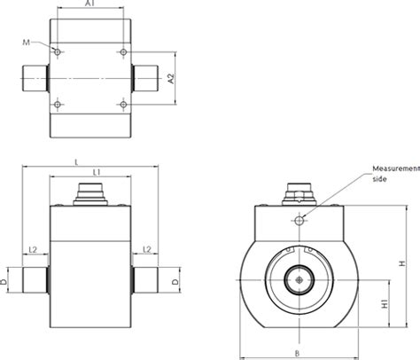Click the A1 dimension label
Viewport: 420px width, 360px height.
[89, 5]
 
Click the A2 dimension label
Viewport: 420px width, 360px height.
[174, 79]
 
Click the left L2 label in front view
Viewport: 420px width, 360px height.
[33, 250]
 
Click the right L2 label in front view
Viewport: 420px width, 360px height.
[147, 250]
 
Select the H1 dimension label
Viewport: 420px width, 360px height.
[384, 303]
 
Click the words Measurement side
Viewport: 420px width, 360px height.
[393, 173]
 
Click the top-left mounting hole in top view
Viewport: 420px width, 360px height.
[58, 53]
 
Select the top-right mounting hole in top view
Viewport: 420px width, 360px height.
[122, 53]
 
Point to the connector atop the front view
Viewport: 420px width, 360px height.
[89, 192]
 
